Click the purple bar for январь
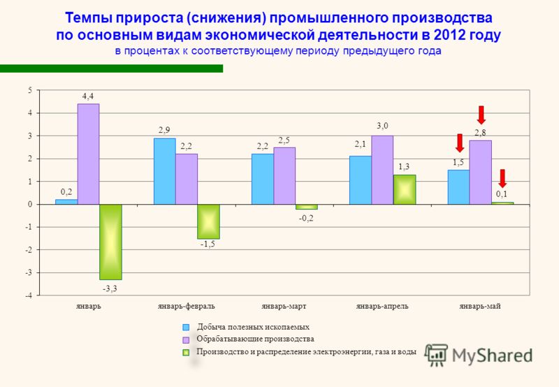(x=89, y=154)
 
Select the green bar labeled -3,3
(x=110, y=242)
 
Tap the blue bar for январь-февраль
(x=164, y=171)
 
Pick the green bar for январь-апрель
(x=405, y=189)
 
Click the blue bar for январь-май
(x=458, y=187)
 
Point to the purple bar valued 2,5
(x=284, y=176)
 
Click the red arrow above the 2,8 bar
(x=481, y=115)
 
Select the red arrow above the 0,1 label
(x=502, y=178)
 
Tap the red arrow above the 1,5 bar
(x=460, y=143)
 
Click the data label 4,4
(x=88, y=96)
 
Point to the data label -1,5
(x=208, y=244)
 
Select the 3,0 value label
(x=382, y=126)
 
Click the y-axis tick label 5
(x=30, y=90)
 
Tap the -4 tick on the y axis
(x=29, y=295)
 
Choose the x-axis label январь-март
(x=284, y=306)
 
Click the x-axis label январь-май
(x=480, y=306)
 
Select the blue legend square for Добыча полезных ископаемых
(x=186, y=327)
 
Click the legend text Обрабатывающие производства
(x=255, y=339)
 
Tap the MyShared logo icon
(x=436, y=355)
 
